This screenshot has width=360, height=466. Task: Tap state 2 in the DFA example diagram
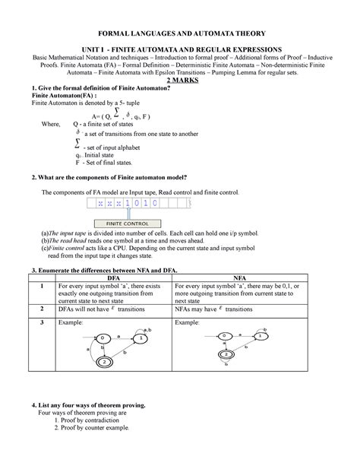(103, 362)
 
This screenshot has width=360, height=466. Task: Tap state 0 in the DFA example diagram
(90, 336)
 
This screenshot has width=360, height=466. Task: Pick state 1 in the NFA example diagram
(261, 334)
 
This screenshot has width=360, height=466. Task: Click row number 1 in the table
(33, 286)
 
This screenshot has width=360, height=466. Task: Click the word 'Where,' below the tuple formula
(52, 122)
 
